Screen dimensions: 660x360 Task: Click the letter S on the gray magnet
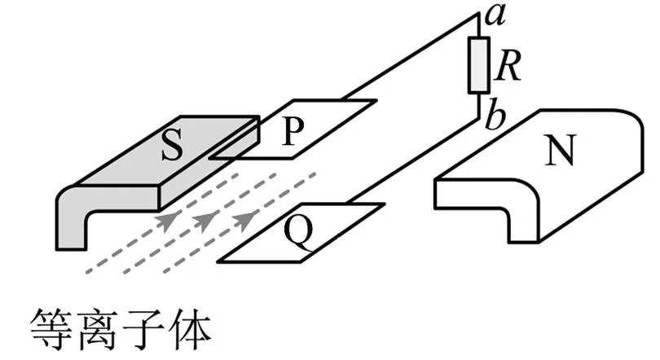tap(172, 144)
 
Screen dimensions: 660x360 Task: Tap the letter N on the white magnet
tap(559, 151)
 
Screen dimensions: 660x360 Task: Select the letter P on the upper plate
tap(293, 131)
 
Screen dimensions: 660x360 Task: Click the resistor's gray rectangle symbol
tap(478, 65)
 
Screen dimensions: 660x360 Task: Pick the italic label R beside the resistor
tap(508, 67)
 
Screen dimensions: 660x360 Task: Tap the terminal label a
tap(495, 16)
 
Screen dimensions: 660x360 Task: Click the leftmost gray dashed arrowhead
tap(167, 219)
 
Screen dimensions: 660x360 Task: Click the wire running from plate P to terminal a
tap(410, 57)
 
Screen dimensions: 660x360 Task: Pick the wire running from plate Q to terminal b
tap(414, 160)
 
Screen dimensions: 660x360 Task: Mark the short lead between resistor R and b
tap(479, 105)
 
